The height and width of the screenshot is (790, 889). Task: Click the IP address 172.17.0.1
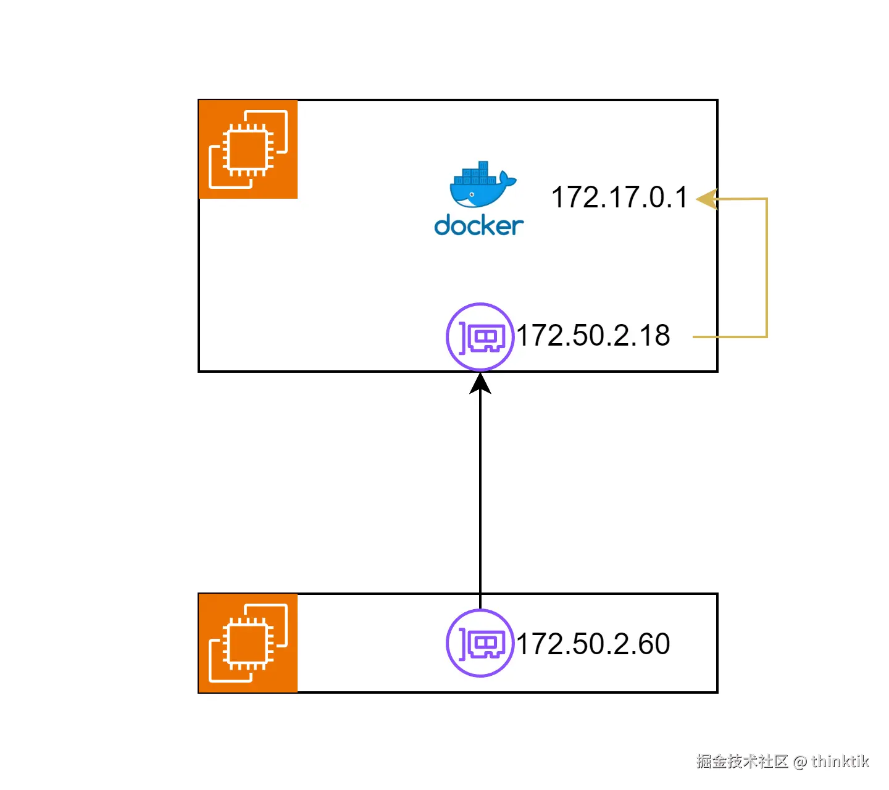point(619,198)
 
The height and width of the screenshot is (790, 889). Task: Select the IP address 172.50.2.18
point(593,336)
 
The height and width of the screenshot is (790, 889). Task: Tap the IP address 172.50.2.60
point(593,644)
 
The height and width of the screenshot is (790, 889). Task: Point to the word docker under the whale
point(479,226)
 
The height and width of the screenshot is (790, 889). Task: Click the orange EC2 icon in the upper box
point(248,149)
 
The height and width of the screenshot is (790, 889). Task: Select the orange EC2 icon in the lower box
point(248,643)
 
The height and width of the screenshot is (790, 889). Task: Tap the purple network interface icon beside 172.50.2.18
point(480,336)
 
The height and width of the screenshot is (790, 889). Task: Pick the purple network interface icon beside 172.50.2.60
point(480,643)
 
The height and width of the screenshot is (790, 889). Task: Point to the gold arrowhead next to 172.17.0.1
point(706,199)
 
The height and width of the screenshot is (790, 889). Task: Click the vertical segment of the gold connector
point(767,268)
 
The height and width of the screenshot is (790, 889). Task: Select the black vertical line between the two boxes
point(480,494)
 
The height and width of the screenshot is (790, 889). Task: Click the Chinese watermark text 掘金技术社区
point(742,762)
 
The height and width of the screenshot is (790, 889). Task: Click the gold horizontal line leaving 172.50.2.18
point(728,337)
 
